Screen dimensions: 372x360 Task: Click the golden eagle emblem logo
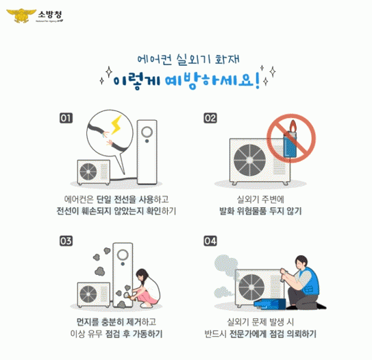21,16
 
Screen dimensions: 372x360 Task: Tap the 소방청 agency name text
50,15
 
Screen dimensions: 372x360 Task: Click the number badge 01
66,118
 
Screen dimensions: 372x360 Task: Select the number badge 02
210,118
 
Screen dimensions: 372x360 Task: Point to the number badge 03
66,241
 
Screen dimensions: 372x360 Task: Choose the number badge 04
210,241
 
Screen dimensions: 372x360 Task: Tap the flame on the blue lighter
293,126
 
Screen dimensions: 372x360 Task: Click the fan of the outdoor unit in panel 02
249,160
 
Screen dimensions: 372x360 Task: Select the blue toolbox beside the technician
270,304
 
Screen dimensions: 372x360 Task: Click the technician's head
301,262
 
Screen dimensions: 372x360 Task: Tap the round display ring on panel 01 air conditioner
147,132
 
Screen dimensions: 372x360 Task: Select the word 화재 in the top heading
227,60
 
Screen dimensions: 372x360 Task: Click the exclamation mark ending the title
258,81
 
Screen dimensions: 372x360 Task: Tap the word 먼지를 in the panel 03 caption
87,322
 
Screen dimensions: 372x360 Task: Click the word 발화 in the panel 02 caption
227,211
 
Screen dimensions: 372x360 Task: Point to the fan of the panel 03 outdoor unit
88,294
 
